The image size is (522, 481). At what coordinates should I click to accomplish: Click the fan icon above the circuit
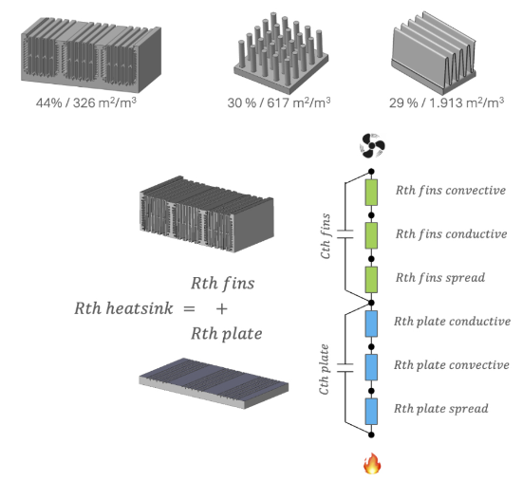(x=372, y=145)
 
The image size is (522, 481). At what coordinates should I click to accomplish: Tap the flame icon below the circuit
(x=372, y=463)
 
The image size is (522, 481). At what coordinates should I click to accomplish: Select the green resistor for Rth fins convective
(x=371, y=193)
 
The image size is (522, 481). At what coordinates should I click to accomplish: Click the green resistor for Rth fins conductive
(x=371, y=235)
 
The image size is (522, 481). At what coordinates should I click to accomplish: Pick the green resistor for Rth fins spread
(x=371, y=280)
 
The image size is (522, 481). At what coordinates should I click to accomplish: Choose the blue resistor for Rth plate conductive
(x=371, y=324)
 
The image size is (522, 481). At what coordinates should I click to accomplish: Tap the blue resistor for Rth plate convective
(x=371, y=367)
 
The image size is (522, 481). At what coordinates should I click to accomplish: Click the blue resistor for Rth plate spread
(x=371, y=411)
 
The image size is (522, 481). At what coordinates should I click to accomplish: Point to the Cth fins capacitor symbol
(x=345, y=234)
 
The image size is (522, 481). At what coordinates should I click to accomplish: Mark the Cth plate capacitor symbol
(x=345, y=367)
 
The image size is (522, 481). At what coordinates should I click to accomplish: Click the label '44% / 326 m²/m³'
(x=86, y=102)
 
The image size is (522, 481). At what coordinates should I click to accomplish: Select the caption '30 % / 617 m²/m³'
(x=279, y=102)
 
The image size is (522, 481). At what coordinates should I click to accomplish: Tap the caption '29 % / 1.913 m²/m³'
(x=446, y=102)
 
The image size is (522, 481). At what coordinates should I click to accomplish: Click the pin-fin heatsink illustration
(x=281, y=53)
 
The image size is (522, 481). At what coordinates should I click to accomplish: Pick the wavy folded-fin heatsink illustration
(x=434, y=53)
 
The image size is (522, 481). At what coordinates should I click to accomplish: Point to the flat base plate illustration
(x=214, y=383)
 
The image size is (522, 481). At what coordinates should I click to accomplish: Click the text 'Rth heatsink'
(x=123, y=308)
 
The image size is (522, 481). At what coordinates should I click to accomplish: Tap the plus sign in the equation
(x=222, y=309)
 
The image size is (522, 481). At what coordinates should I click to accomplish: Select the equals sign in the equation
(x=189, y=309)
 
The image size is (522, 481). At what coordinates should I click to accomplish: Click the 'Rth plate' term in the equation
(x=227, y=334)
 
